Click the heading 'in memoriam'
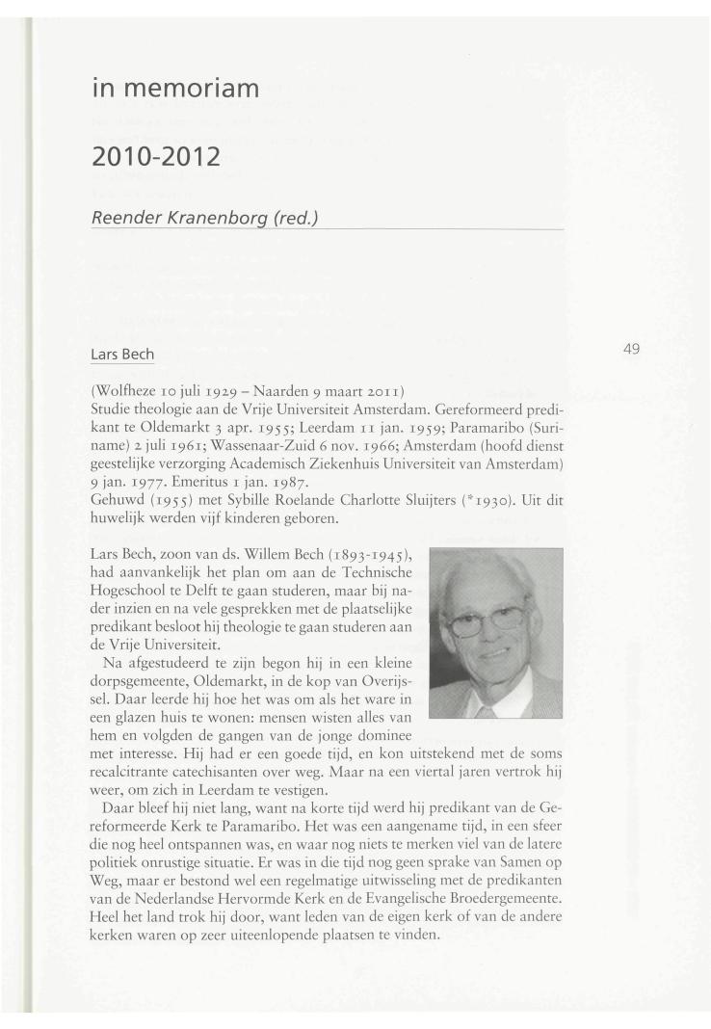pyautogui.click(x=176, y=91)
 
